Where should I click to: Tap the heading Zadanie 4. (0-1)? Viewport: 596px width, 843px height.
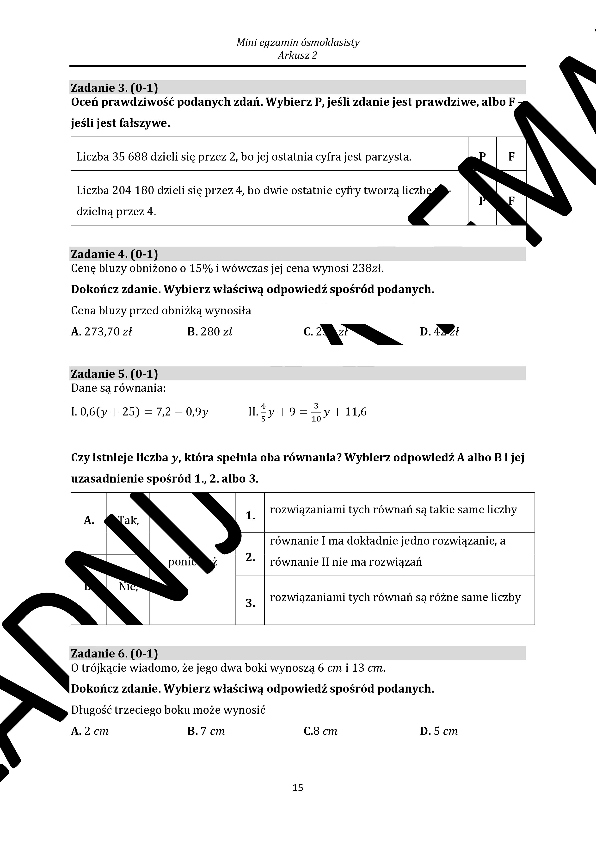tap(114, 254)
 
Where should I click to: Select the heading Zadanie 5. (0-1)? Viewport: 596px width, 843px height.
tap(114, 374)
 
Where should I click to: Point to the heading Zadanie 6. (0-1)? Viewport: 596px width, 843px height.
tap(114, 654)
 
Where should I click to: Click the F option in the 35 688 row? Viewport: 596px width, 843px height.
tap(511, 157)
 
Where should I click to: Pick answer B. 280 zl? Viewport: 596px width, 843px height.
tap(209, 332)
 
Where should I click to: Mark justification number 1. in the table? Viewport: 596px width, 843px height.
tap(250, 515)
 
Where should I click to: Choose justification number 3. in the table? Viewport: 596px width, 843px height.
tap(250, 603)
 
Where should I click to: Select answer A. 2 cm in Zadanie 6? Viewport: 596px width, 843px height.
tap(90, 731)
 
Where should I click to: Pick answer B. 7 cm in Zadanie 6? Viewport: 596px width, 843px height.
tap(206, 731)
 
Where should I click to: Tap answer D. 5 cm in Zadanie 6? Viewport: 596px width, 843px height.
tap(439, 731)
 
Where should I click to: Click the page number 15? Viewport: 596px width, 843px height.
tap(298, 787)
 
